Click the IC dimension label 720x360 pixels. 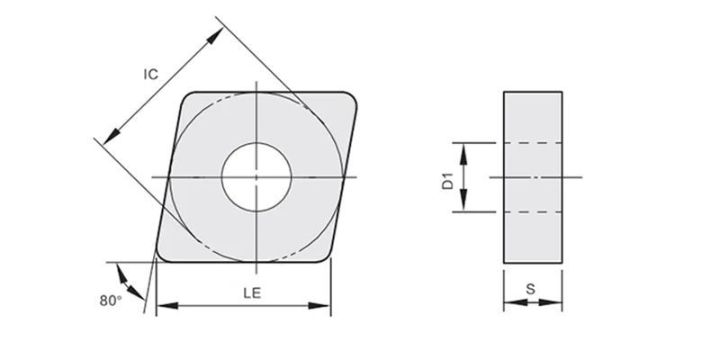tap(151, 76)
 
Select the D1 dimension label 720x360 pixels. tap(446, 178)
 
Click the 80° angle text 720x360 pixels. tap(111, 301)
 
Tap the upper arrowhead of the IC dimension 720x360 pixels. tap(216, 34)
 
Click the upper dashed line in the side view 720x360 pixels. tap(533, 143)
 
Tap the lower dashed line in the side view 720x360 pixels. tap(533, 211)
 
